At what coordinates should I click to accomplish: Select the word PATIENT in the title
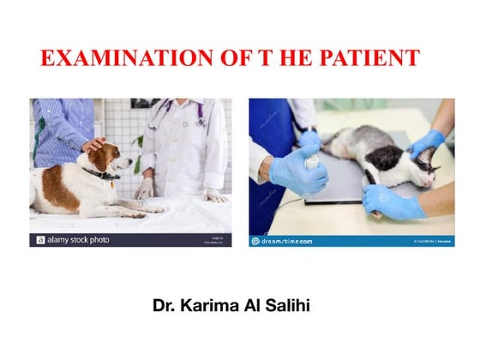pyautogui.click(x=369, y=58)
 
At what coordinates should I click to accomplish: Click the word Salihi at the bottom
pyautogui.click(x=302, y=304)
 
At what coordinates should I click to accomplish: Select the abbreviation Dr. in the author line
pyautogui.click(x=167, y=304)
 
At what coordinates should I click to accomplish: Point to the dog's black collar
pyautogui.click(x=101, y=174)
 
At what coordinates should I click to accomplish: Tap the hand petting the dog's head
pyautogui.click(x=93, y=144)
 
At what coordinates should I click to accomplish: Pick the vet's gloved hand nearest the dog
pyautogui.click(x=147, y=188)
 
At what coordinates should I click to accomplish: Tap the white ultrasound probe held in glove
pyautogui.click(x=313, y=159)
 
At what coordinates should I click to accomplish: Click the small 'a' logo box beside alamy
pyautogui.click(x=39, y=241)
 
